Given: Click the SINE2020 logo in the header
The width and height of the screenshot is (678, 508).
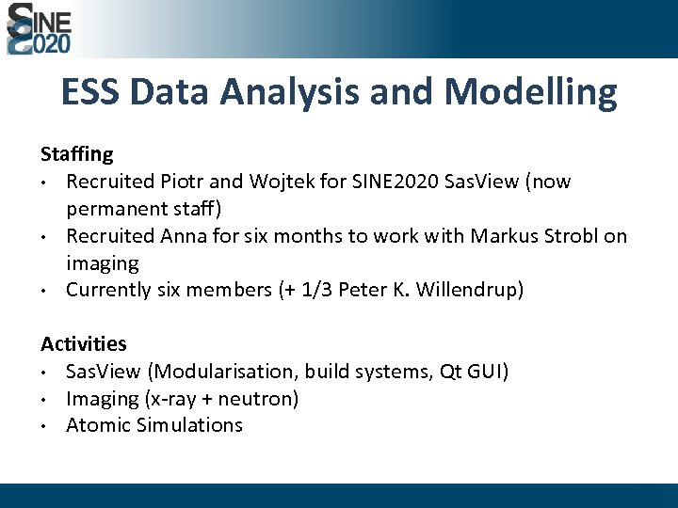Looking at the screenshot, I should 39,28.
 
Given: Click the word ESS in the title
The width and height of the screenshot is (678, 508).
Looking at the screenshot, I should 90,92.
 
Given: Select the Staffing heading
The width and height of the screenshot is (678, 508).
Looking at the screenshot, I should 76,153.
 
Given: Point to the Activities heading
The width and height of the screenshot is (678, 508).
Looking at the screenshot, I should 83,344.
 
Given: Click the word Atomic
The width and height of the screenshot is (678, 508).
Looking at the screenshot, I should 98,425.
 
